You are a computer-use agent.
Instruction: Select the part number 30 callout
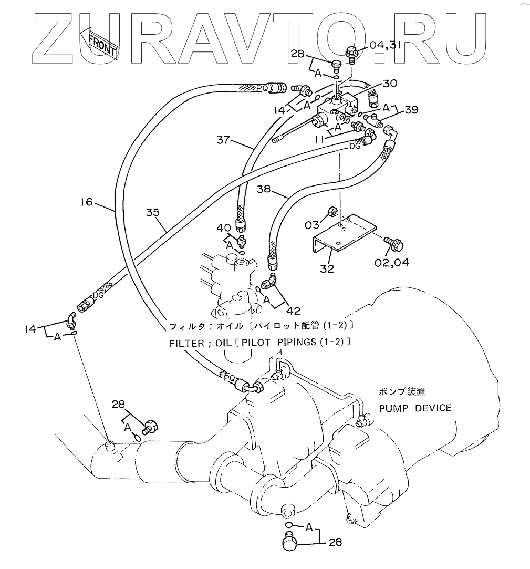point(390,83)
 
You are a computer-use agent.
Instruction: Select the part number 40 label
point(224,228)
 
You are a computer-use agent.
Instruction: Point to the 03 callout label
point(312,225)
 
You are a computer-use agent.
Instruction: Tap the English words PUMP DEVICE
point(415,408)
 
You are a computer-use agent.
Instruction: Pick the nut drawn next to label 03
point(332,213)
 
